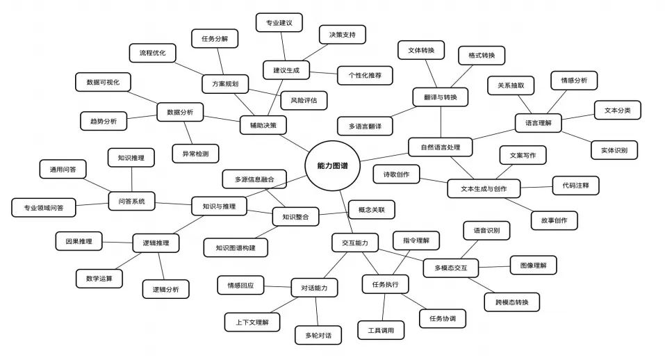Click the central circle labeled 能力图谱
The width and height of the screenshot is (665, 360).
click(332, 166)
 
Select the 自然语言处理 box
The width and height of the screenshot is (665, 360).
click(441, 147)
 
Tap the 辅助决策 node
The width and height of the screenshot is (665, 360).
click(263, 125)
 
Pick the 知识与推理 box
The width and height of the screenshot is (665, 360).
click(219, 206)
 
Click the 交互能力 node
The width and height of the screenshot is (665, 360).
click(355, 243)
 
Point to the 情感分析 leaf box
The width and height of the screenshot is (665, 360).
click(574, 80)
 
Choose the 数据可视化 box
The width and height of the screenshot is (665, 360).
click(103, 82)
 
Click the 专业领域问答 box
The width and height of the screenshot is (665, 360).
click(44, 208)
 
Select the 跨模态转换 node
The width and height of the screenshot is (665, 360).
click(512, 302)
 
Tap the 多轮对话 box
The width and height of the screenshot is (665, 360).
click(318, 336)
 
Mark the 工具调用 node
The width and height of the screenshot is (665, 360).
click(381, 330)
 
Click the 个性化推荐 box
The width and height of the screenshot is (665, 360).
click(365, 75)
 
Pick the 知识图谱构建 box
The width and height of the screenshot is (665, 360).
click(236, 247)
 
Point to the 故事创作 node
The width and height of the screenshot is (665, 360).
click(554, 220)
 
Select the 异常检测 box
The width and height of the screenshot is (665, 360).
click(195, 154)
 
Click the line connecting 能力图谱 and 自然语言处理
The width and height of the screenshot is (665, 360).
click(384, 157)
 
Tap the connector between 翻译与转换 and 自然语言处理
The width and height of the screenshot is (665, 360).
click(441, 122)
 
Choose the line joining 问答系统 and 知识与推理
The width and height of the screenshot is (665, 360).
click(173, 204)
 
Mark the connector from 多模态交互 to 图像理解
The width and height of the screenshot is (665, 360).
click(494, 267)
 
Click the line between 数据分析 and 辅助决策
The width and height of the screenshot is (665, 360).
click(222, 118)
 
